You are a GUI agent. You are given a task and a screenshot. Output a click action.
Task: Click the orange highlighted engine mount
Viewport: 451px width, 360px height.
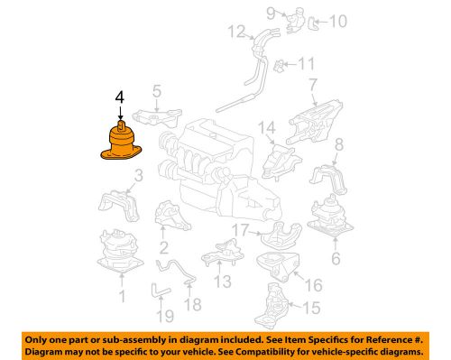tap(120, 143)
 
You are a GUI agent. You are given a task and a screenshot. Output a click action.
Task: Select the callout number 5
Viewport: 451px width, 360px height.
tap(156, 91)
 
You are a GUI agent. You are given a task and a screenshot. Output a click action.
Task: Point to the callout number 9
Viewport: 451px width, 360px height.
tap(270, 12)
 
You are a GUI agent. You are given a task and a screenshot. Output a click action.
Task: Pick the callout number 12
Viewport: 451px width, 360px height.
tap(235, 33)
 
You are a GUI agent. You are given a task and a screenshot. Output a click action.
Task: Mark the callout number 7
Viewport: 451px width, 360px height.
tap(313, 86)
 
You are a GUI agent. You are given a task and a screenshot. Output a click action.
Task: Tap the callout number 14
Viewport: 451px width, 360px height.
tap(268, 131)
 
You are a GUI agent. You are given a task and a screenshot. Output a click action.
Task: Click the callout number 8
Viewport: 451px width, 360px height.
tap(339, 145)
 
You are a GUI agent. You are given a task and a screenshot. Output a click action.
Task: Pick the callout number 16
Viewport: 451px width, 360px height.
tap(315, 286)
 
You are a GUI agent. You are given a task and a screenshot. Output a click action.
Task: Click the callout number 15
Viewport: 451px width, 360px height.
tap(312, 309)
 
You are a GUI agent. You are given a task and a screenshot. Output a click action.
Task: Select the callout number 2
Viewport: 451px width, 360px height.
tap(163, 247)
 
